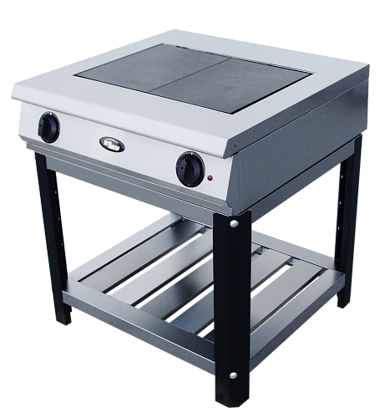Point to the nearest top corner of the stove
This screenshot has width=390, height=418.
click(x=234, y=142)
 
